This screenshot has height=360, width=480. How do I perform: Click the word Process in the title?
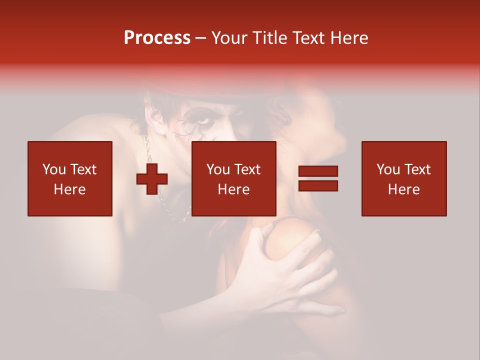[157, 38]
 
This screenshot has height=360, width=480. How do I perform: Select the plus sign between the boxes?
[152, 179]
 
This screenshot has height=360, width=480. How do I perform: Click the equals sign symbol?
[318, 178]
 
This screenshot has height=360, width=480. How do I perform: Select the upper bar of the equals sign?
[318, 171]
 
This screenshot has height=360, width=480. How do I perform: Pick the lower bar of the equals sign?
[318, 185]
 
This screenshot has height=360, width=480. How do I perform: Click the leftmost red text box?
[70, 178]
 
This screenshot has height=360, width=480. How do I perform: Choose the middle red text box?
[234, 178]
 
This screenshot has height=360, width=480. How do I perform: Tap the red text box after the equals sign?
[404, 178]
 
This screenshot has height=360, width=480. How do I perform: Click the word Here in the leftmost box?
[70, 189]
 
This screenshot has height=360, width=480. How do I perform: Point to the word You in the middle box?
[218, 169]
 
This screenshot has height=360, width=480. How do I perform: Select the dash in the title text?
[201, 38]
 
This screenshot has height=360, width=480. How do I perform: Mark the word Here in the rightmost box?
[404, 189]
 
